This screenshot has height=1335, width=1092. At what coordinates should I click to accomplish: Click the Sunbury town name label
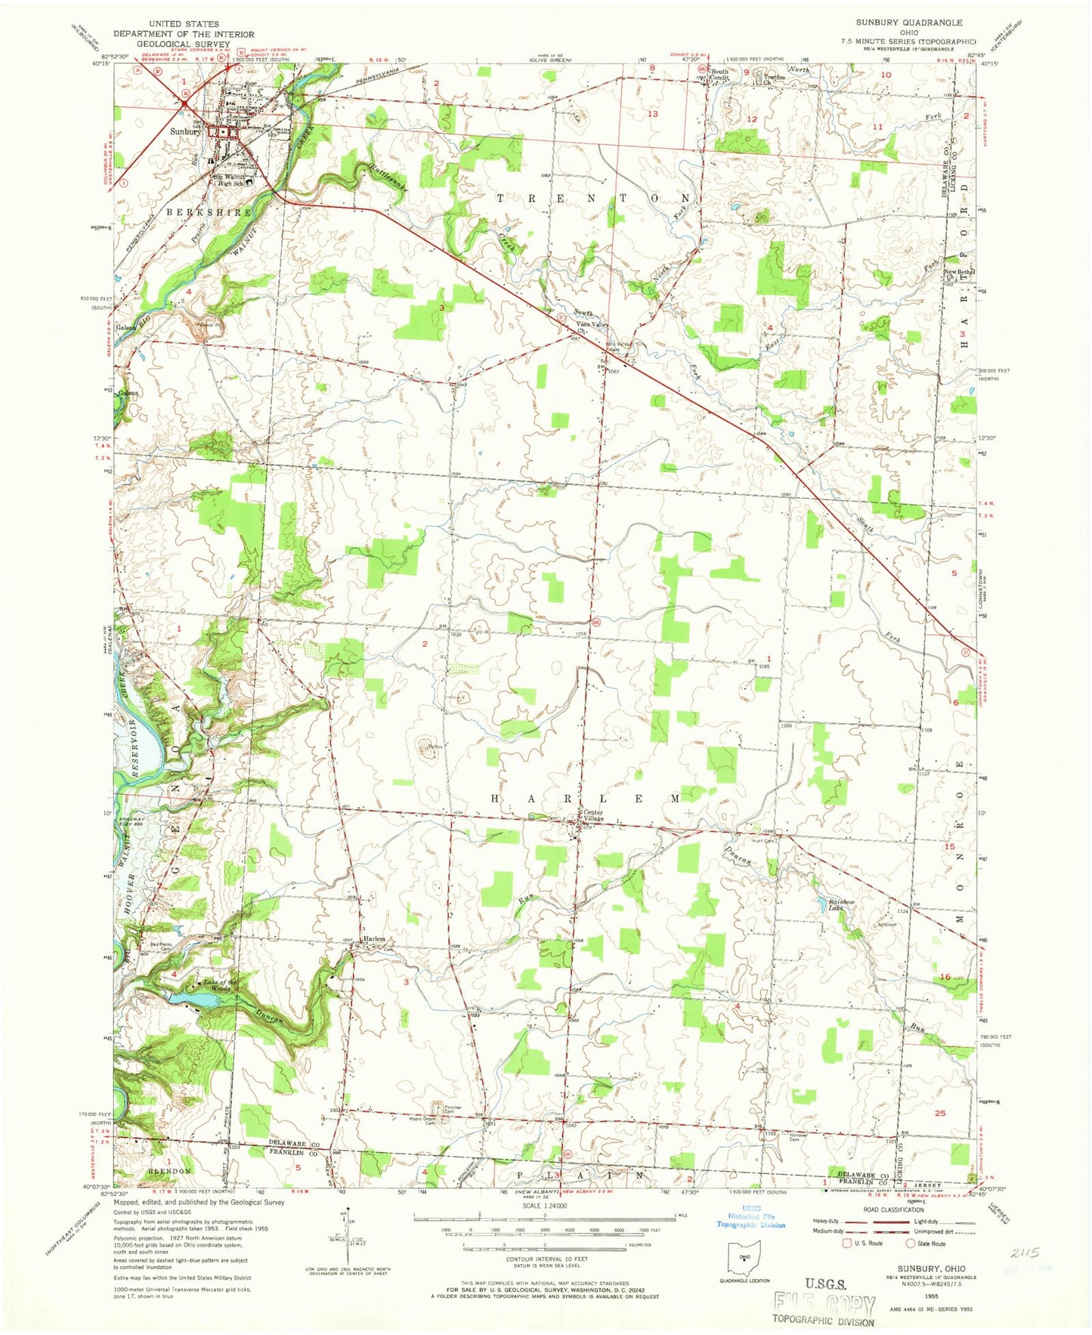(184, 131)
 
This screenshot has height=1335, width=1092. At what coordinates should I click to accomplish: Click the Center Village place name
(593, 816)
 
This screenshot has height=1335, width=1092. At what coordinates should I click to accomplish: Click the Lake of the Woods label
(221, 985)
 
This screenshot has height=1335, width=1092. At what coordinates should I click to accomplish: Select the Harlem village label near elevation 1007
(375, 939)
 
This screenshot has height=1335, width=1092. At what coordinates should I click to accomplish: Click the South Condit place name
(719, 75)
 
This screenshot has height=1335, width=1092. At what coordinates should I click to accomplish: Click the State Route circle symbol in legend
(910, 1243)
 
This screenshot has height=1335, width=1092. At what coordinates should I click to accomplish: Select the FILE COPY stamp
(824, 1305)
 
